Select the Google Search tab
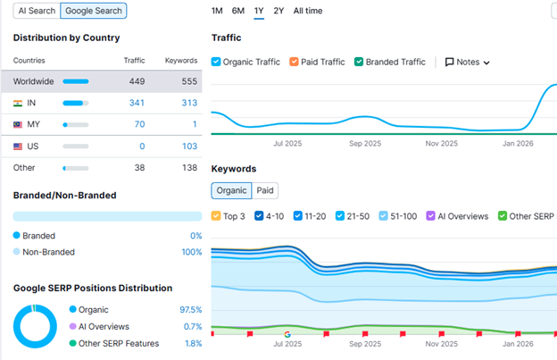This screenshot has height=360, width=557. click(94, 12)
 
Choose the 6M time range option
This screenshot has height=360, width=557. click(238, 11)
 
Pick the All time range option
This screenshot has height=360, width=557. click(308, 11)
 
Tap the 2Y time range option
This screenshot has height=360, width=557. click(279, 11)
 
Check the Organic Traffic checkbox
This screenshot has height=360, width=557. click(217, 63)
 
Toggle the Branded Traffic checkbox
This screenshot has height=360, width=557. click(359, 63)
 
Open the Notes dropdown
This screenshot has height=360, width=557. click(468, 63)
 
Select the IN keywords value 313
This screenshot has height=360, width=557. click(187, 103)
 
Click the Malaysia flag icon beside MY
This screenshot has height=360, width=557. click(18, 124)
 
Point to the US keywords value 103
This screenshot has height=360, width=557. click(187, 146)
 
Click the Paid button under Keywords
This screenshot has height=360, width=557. click(265, 190)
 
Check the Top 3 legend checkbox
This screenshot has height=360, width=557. click(217, 216)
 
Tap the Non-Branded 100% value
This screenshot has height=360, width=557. click(190, 252)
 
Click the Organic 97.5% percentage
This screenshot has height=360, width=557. click(190, 309)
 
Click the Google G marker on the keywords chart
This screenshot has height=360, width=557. click(287, 334)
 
